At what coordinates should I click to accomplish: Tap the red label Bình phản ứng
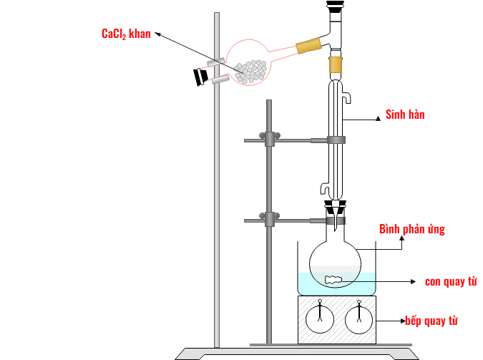[411, 229]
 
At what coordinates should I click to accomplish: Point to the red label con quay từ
[450, 281]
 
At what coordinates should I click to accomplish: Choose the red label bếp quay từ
[431, 321]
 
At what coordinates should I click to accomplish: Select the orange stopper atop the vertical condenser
[335, 67]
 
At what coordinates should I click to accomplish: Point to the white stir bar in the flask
[333, 280]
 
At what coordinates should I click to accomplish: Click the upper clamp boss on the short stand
[268, 138]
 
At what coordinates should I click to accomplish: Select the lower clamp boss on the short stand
[268, 218]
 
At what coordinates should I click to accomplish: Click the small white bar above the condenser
[336, 8]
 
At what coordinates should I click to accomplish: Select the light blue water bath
[337, 283]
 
